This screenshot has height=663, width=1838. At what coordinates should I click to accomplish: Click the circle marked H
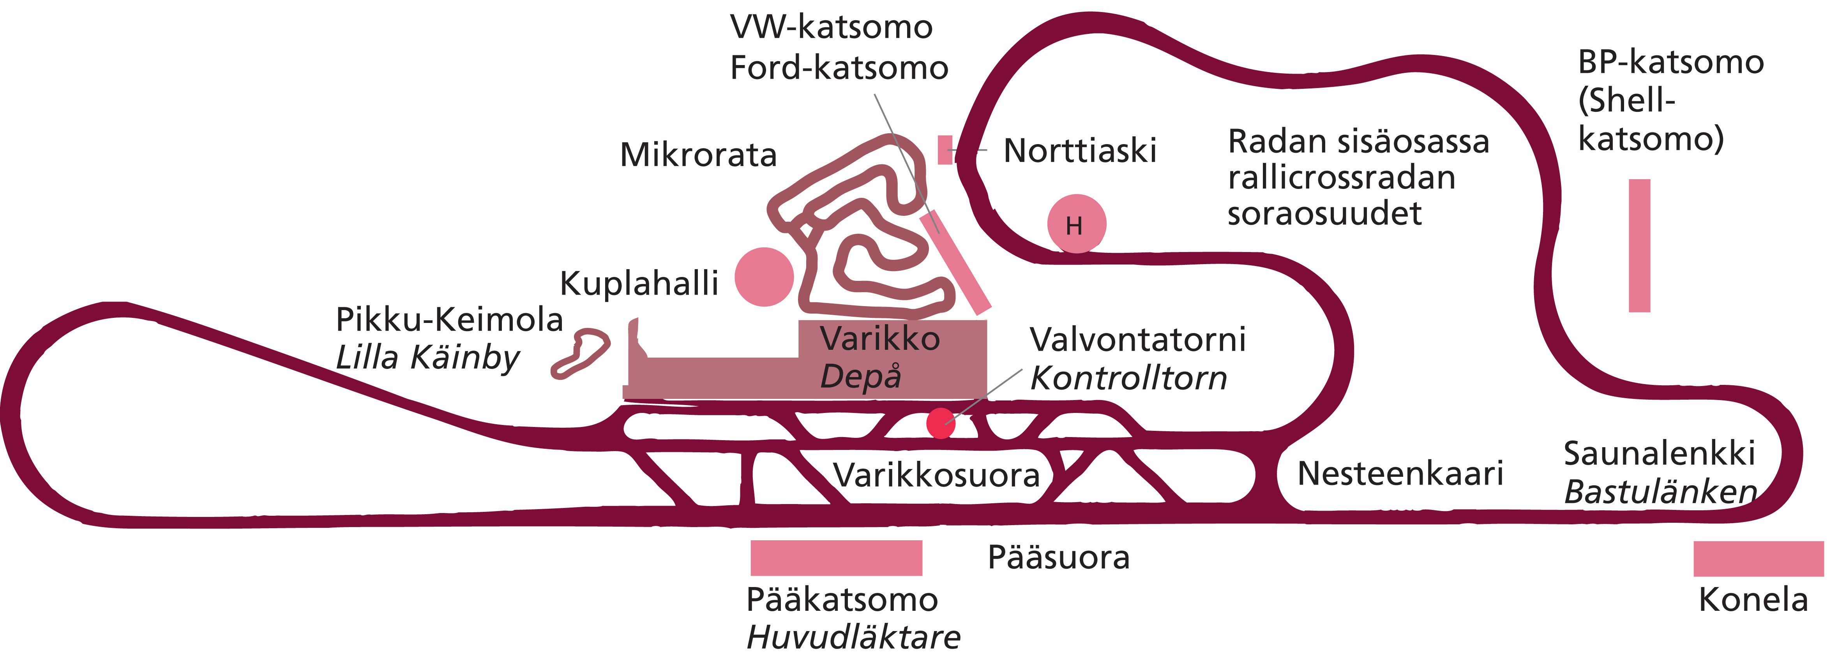[1076, 223]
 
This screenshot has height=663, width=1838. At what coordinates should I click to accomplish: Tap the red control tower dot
[940, 423]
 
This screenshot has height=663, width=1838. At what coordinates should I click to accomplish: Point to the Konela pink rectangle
[1758, 558]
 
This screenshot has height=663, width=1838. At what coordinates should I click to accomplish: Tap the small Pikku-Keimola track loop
[580, 353]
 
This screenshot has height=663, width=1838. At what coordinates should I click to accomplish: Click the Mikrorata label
[698, 155]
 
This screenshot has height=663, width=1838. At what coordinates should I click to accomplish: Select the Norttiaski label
[1080, 151]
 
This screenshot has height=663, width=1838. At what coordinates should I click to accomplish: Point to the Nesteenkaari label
[1400, 473]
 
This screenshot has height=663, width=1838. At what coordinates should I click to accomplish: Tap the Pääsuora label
[1058, 557]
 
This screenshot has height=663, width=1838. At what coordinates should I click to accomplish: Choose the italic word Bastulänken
[1660, 492]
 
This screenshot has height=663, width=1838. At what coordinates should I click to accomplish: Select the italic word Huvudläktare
[853, 637]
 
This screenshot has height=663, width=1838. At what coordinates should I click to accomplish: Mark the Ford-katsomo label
[839, 68]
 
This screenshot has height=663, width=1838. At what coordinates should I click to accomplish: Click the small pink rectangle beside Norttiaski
[945, 150]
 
